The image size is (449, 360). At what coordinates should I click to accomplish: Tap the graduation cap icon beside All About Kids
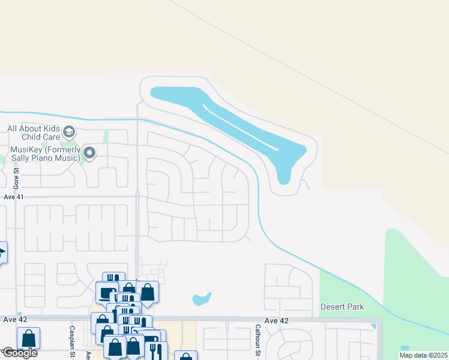69,132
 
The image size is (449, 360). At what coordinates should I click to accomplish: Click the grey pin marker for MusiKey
89,154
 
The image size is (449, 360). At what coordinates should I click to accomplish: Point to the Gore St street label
17,178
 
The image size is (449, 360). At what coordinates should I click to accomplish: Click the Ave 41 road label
13,196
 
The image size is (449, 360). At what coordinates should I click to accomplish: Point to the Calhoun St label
257,339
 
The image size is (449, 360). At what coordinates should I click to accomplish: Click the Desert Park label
342,307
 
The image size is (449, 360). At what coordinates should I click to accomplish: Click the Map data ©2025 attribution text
423,355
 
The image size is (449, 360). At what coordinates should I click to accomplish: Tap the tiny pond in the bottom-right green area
405,348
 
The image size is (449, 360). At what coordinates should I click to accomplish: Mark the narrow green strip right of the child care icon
106,137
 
